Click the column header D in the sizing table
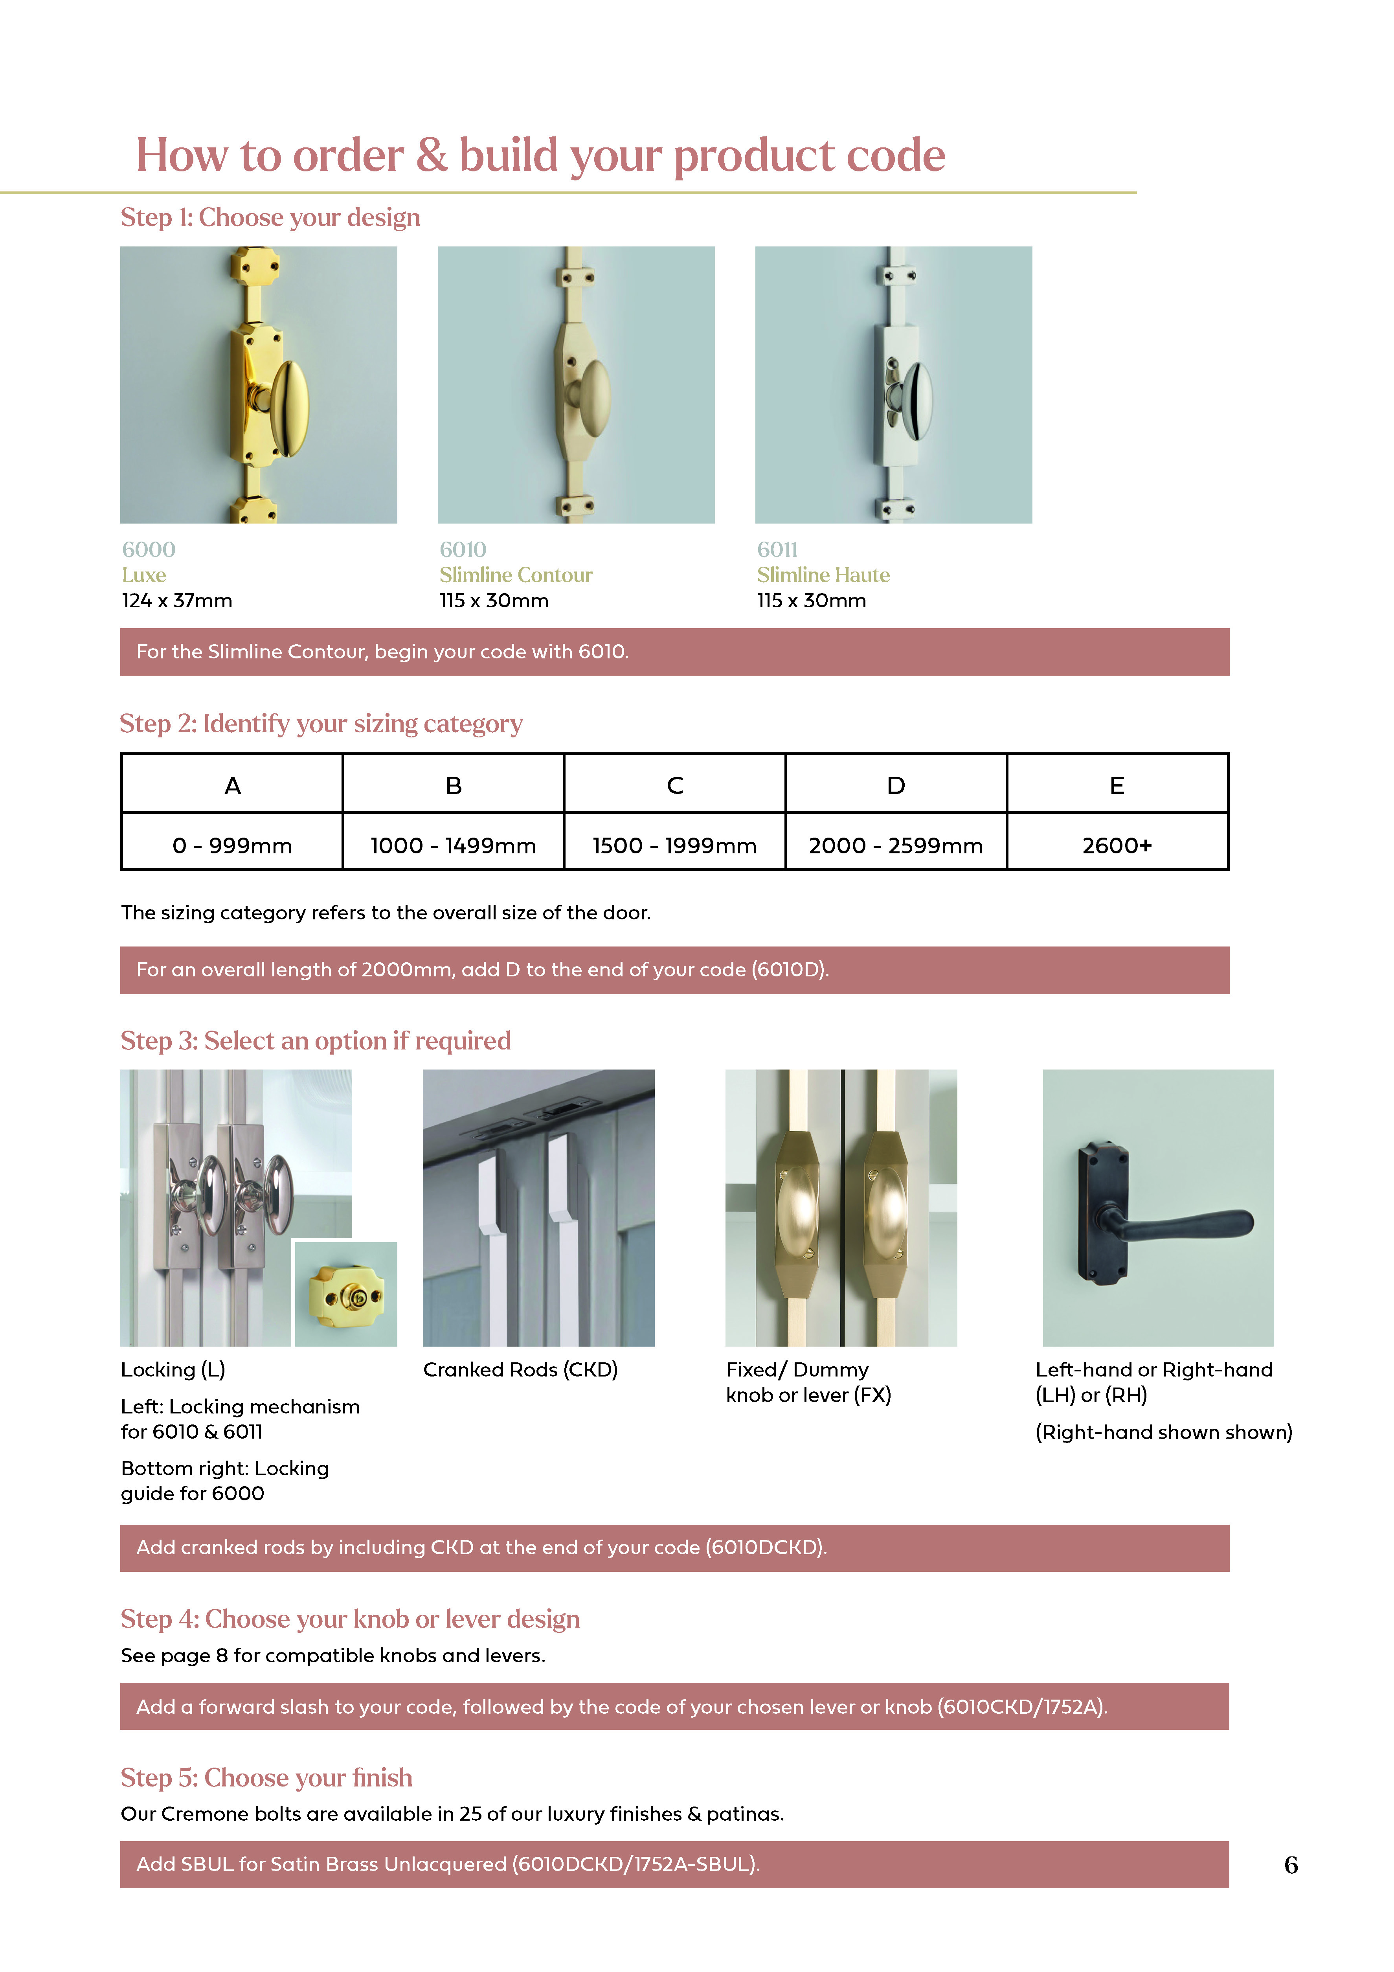[x=896, y=785]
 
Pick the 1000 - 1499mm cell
[x=454, y=845]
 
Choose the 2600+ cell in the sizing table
[x=1117, y=845]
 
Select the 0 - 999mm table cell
[x=232, y=845]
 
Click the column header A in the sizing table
[x=232, y=785]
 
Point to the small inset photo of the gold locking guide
[x=346, y=1294]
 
